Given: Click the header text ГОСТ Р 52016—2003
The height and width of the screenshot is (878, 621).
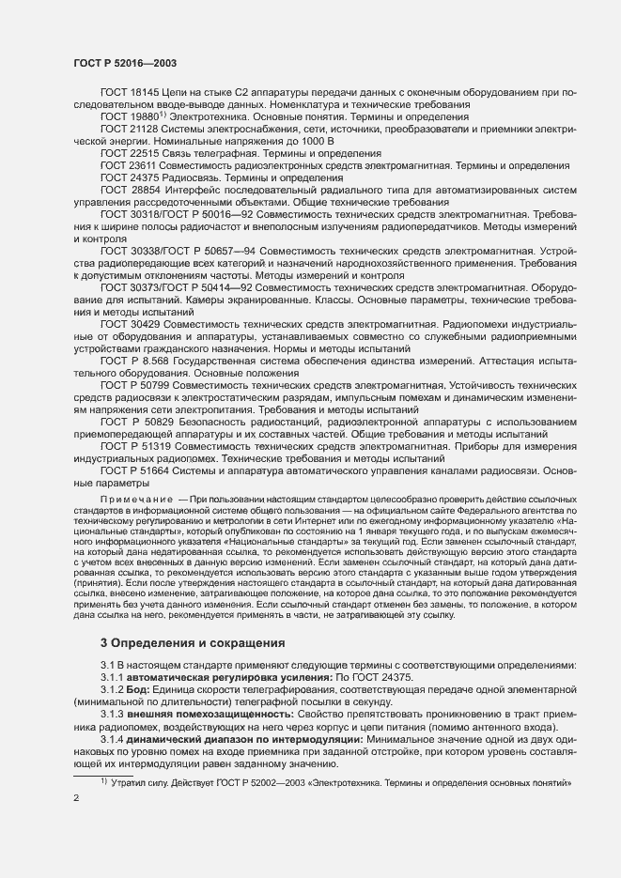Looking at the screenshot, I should pyautogui.click(x=125, y=62).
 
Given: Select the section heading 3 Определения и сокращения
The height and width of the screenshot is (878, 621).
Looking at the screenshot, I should pyautogui.click(x=193, y=643).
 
